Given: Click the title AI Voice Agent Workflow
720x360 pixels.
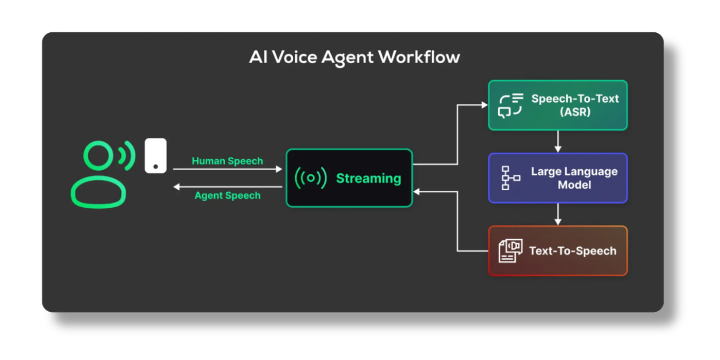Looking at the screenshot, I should (354, 57).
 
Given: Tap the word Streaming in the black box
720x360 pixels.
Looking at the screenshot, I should (368, 178).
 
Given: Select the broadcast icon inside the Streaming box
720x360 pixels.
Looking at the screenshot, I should (311, 178).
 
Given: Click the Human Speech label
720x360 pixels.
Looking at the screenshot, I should (227, 161).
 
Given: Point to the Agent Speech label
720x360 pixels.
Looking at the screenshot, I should (227, 196).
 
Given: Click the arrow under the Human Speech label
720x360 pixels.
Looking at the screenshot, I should (227, 169).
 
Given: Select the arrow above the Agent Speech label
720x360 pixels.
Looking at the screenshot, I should (227, 187).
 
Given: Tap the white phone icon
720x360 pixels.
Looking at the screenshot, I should (155, 155).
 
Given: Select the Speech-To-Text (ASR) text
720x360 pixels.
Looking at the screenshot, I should (575, 105).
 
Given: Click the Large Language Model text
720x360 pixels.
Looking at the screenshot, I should (574, 178).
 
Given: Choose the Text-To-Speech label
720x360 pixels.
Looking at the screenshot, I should (572, 251).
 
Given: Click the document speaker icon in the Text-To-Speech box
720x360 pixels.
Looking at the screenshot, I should (510, 251).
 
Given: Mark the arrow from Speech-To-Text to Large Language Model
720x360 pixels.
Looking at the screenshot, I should (558, 141).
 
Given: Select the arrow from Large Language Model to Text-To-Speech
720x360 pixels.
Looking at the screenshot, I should (558, 214).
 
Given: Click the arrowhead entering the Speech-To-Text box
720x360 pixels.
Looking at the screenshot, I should (484, 105).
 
